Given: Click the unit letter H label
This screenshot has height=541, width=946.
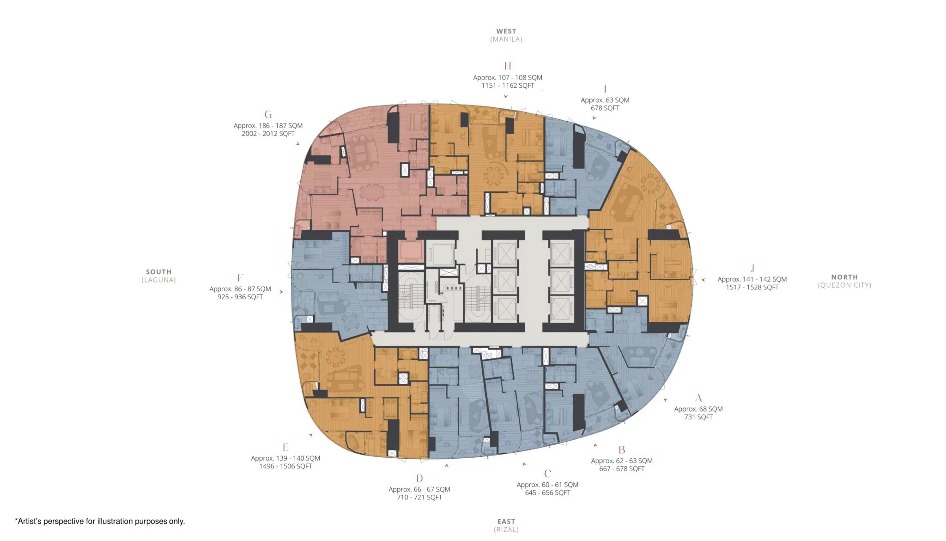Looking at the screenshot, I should (x=508, y=66).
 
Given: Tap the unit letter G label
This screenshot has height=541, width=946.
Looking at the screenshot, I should (x=268, y=115).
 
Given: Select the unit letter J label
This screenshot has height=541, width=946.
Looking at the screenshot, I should (x=752, y=268).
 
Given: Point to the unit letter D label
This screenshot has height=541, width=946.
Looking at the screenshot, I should (x=419, y=479).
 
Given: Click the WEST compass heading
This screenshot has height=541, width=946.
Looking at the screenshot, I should (x=506, y=31).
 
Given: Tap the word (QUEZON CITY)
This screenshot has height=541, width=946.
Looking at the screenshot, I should (x=844, y=285).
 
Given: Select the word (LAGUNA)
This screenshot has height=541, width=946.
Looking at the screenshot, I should (x=158, y=280).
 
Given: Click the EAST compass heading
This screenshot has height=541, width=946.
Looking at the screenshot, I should (x=506, y=522).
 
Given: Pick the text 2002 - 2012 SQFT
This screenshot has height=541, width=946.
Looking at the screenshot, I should (x=268, y=134).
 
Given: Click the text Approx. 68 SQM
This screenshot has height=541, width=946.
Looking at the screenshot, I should (x=698, y=409).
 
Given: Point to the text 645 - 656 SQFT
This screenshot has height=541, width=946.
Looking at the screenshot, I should (x=547, y=493).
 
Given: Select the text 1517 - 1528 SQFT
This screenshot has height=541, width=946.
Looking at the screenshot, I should (x=752, y=287).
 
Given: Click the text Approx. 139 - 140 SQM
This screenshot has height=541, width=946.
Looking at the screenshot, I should (x=285, y=458).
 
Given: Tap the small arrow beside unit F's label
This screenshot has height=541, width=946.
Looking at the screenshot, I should (x=281, y=292).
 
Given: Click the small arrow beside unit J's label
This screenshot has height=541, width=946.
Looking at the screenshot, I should (x=703, y=280).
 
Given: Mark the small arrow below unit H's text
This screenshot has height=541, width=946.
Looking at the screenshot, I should (x=506, y=97).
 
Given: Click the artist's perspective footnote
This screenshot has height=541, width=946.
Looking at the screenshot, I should (x=100, y=522).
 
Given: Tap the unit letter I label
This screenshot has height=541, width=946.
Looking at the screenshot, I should (x=605, y=89).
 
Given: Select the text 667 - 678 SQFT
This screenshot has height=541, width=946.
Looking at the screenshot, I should (x=622, y=469).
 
